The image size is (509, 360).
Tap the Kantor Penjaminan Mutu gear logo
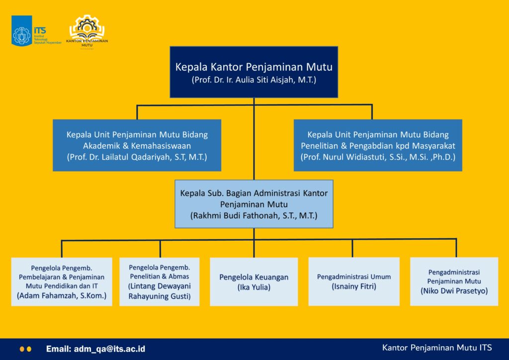(x=87, y=29)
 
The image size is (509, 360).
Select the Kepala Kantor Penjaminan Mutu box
(x=254, y=72)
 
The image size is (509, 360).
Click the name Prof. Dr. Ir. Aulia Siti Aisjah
(x=254, y=80)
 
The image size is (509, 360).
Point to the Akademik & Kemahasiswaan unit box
(x=137, y=145)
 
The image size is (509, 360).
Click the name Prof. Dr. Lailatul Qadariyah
(x=137, y=157)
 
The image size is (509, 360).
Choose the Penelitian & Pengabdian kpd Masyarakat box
(x=378, y=145)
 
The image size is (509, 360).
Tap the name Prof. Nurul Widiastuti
(x=378, y=157)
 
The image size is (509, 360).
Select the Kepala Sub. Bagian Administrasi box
(x=254, y=204)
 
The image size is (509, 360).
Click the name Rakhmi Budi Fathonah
(x=254, y=216)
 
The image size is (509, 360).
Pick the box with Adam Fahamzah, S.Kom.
(x=62, y=281)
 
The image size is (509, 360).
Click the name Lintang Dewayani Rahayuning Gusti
(x=160, y=291)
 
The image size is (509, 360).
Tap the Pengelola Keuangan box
(x=254, y=281)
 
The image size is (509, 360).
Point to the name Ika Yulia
(x=254, y=287)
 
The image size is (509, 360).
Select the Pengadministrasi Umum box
(x=354, y=281)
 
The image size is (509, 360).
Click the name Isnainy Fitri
(x=354, y=287)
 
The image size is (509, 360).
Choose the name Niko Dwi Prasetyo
(x=454, y=291)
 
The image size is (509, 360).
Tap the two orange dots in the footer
(x=25, y=349)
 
